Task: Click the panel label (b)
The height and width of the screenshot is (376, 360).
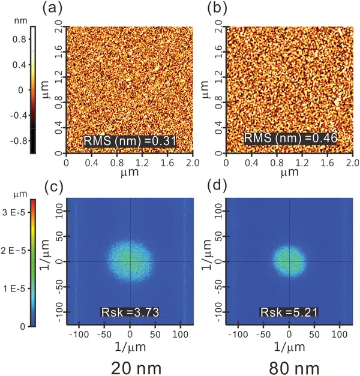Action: tap(217, 9)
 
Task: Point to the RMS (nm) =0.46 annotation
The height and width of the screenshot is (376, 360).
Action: tap(290, 139)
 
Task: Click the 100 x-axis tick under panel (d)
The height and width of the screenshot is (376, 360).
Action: tap(340, 333)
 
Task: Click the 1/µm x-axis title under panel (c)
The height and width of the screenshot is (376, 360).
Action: tap(131, 346)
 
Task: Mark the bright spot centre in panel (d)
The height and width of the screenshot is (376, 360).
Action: tap(290, 261)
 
